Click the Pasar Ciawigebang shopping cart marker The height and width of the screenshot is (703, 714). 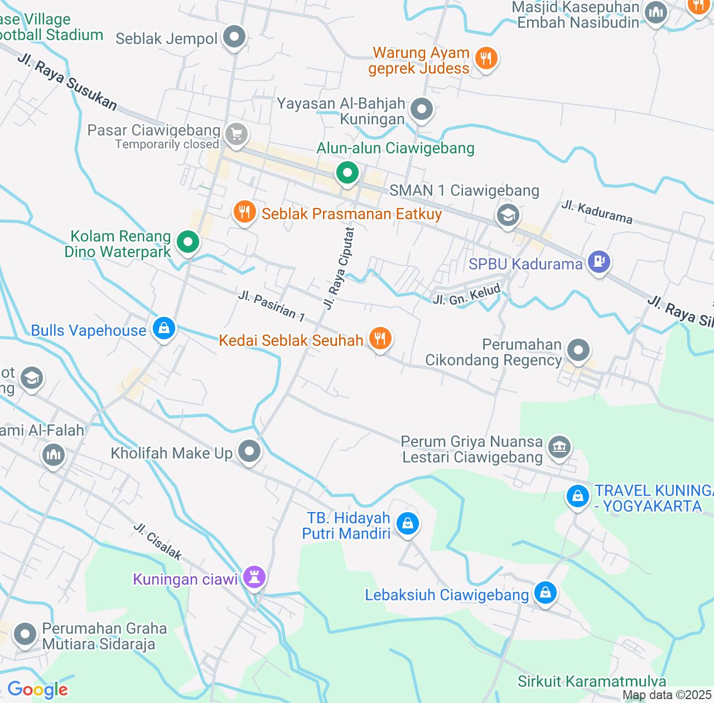237,134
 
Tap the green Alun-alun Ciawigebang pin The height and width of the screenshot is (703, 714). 347,173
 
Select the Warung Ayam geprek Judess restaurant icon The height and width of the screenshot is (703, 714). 486,58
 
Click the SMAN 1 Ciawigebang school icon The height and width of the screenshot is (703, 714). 508,215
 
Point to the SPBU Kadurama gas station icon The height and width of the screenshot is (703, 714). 599,261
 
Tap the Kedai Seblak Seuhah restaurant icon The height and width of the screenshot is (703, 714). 380,339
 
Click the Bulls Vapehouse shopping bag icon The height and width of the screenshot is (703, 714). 163,329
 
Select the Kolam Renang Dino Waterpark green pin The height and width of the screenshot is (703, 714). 188,242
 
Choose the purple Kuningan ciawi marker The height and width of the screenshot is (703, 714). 254,577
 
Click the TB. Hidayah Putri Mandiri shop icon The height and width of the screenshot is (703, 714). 407,524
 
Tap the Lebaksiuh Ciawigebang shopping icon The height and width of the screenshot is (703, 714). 545,593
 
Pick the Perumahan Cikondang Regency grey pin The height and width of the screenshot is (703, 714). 578,350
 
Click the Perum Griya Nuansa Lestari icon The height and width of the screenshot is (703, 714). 559,447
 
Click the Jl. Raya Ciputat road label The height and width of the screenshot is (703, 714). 339,268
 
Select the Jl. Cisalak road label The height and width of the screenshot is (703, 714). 158,541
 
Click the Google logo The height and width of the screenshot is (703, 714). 37,690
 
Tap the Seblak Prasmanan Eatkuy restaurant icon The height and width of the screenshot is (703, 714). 244,213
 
